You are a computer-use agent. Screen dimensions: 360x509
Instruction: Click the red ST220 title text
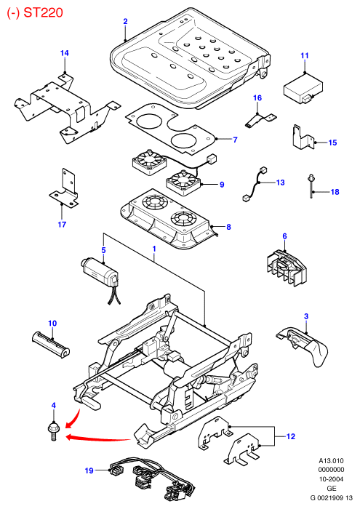pyautogui.click(x=35, y=12)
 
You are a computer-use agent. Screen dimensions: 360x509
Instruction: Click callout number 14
pyautogui.click(x=65, y=53)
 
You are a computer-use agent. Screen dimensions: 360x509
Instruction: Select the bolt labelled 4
pyautogui.click(x=53, y=431)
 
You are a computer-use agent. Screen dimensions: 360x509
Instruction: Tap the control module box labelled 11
pyautogui.click(x=303, y=88)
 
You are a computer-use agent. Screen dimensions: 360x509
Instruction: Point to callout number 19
pyautogui.click(x=89, y=470)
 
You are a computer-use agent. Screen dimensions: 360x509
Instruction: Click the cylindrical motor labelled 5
pyautogui.click(x=100, y=273)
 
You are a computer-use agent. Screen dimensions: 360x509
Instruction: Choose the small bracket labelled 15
pyautogui.click(x=303, y=137)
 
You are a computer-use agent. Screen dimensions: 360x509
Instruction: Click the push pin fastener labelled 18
pyautogui.click(x=311, y=185)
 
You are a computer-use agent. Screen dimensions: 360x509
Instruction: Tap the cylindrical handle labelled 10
pyautogui.click(x=51, y=344)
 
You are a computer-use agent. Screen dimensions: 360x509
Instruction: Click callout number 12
pyautogui.click(x=290, y=436)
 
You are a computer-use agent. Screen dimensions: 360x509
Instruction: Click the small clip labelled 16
pyautogui.click(x=260, y=119)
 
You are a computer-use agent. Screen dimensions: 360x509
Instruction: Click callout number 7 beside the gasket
pyautogui.click(x=235, y=140)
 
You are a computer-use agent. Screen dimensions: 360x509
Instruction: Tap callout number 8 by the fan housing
pyautogui.click(x=228, y=227)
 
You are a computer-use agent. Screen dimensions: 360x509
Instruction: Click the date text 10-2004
pyautogui.click(x=331, y=478)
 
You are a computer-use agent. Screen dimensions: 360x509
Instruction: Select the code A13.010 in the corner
pyautogui.click(x=331, y=460)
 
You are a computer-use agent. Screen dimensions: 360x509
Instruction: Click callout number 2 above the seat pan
pyautogui.click(x=125, y=21)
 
